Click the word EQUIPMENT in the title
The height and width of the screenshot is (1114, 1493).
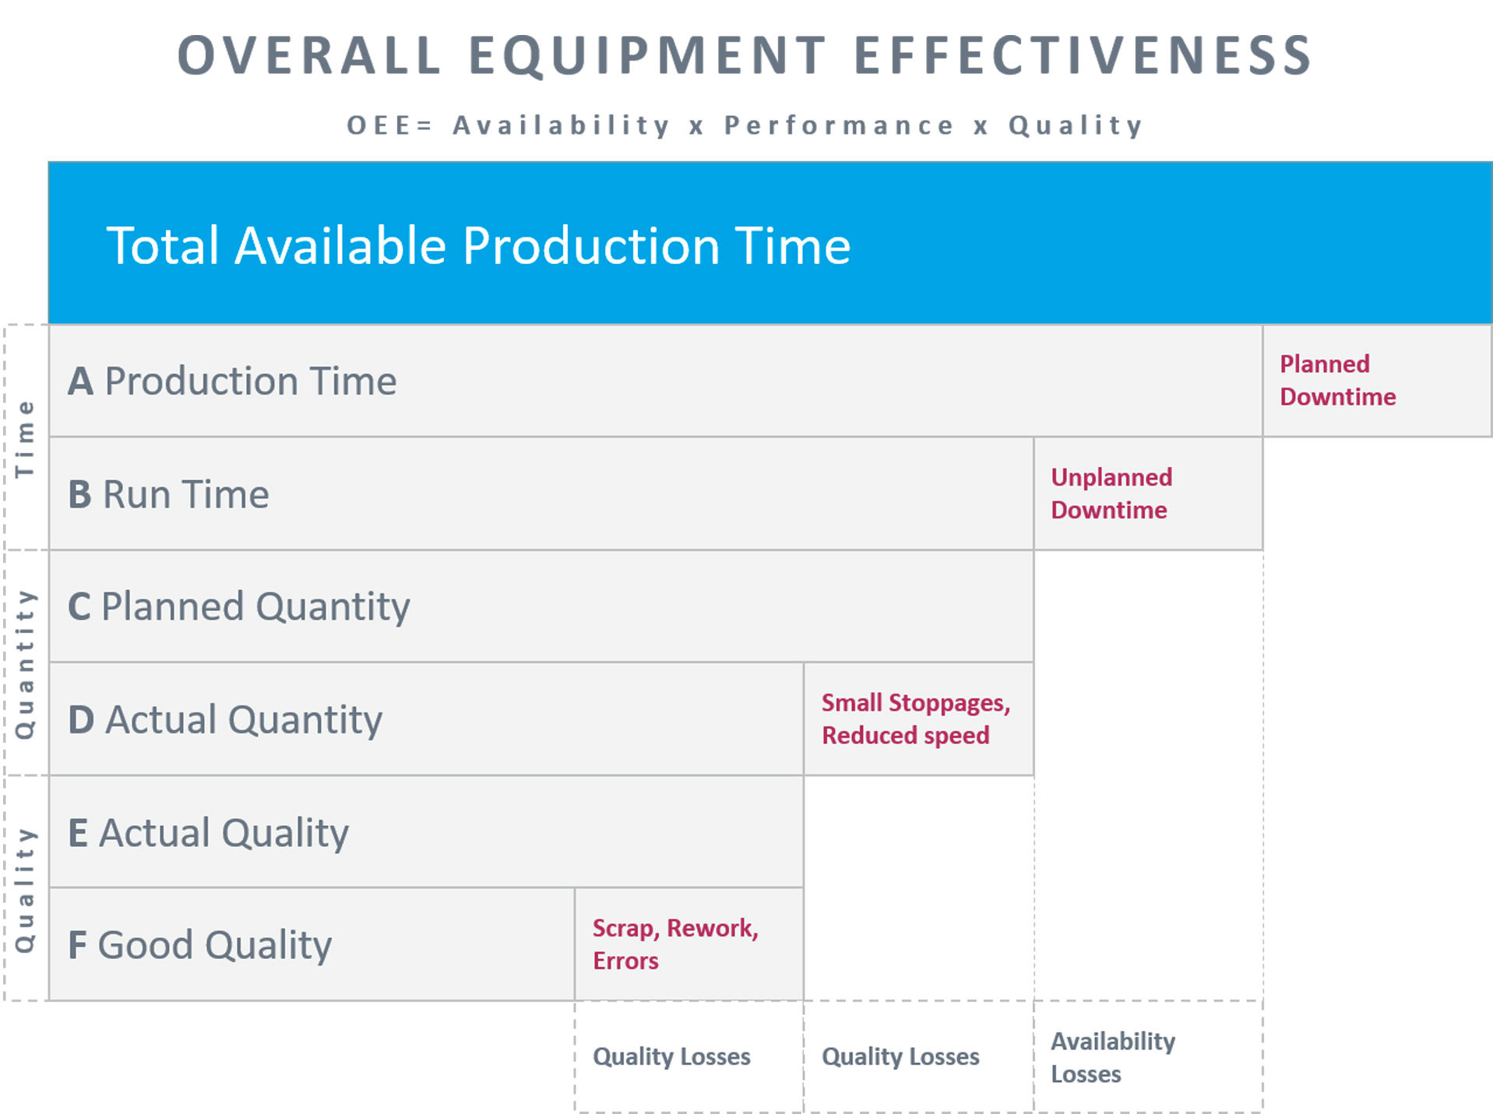647,55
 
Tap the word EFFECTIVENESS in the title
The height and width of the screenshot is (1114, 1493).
1084,55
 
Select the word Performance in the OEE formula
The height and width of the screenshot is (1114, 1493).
839,125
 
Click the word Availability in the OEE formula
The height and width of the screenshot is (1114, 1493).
561,125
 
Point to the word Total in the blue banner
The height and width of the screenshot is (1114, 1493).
163,246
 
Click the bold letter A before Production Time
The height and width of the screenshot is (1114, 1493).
80,381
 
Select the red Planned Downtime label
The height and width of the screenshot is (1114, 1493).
1338,381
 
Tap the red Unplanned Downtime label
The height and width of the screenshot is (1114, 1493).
1111,494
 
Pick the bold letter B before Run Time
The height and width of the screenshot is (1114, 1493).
79,494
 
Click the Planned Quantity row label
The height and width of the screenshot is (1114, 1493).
239,607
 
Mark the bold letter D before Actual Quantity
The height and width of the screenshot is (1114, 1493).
81,720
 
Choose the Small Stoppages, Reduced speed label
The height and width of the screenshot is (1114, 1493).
916,719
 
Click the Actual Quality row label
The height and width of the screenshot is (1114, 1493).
208,833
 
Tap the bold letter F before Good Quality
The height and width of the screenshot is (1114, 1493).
77,945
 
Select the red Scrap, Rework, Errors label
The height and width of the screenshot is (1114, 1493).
675,944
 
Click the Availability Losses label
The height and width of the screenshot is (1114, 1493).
1113,1057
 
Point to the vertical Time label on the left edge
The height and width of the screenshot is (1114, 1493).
25,438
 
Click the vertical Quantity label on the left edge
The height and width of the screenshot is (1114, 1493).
25,664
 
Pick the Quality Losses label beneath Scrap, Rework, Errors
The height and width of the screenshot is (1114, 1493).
671,1056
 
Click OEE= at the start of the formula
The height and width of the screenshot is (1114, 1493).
389,125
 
